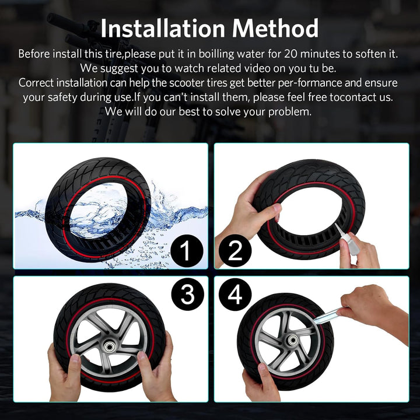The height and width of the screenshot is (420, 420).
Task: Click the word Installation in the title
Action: point(163,28)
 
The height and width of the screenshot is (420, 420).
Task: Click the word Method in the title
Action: point(275,28)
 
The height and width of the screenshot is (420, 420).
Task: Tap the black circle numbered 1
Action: point(187,251)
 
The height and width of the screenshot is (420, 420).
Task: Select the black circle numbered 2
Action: point(235,251)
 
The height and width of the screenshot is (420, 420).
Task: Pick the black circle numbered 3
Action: point(188,294)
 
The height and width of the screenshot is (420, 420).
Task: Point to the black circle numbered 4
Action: point(235,294)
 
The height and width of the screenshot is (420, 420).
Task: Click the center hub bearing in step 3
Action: point(109,347)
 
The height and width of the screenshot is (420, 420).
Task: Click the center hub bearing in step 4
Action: point(292,341)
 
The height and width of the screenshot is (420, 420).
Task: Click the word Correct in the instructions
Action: point(36,83)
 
